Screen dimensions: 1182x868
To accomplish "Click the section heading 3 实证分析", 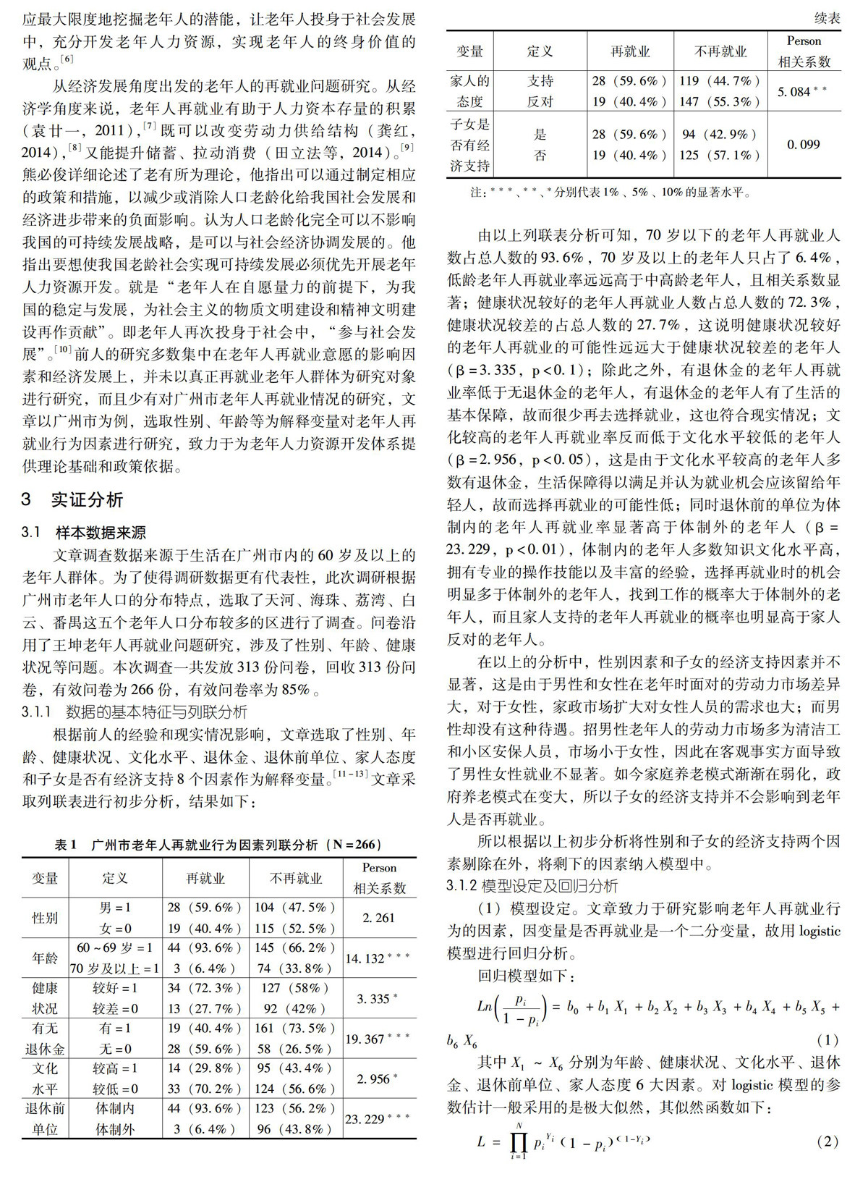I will [72, 499].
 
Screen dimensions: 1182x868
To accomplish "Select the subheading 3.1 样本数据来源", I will [84, 533].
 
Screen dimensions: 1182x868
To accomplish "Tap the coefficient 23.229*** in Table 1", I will [377, 1119].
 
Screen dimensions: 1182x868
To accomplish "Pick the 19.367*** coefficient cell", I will [377, 1039].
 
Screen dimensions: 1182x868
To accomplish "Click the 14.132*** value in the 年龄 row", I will [377, 958].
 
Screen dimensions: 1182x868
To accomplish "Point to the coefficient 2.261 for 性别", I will [378, 918].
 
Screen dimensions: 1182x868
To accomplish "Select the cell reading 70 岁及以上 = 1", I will [114, 968].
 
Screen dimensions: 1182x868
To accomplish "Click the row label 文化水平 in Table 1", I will [44, 1078].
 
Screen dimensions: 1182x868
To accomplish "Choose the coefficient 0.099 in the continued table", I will [803, 145].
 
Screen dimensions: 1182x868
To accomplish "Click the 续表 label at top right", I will [827, 18].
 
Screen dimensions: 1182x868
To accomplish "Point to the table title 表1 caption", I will [218, 845].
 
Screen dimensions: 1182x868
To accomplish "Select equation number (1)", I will [827, 1040].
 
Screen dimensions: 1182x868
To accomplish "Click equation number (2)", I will [827, 1141].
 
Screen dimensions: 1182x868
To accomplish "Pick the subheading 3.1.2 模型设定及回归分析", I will [532, 886].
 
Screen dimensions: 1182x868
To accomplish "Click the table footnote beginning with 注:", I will [611, 193].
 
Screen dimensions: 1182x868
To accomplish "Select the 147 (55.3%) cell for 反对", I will [720, 101].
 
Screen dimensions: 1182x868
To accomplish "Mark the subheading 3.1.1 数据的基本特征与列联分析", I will [135, 712].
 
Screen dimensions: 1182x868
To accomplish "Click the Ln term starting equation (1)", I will [485, 1006].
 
